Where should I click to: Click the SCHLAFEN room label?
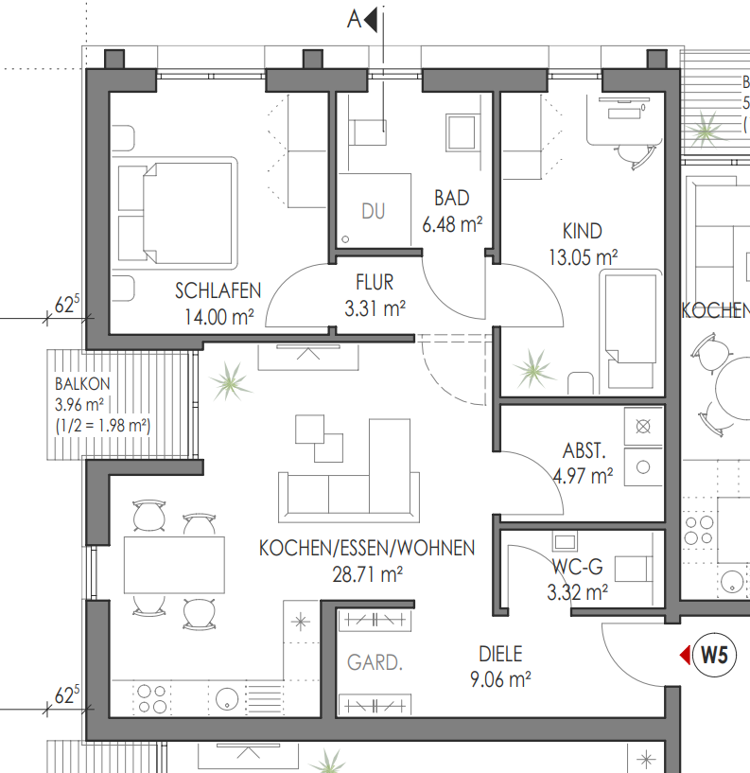pyautogui.click(x=218, y=290)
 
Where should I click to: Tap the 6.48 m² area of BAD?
pyautogui.click(x=452, y=225)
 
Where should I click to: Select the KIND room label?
pyautogui.click(x=583, y=231)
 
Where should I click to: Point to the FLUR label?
pyautogui.click(x=375, y=283)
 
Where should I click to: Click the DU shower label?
pyautogui.click(x=373, y=212)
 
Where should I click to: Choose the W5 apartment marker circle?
pyautogui.click(x=714, y=655)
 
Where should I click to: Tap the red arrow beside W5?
pyautogui.click(x=685, y=655)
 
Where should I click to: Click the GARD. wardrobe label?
pyautogui.click(x=375, y=662)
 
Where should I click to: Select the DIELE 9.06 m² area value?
pyautogui.click(x=500, y=680)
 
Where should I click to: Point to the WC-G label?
pyautogui.click(x=578, y=567)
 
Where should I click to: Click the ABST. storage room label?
pyautogui.click(x=584, y=450)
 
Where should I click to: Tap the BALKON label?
pyautogui.click(x=82, y=383)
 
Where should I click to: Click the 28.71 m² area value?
pyautogui.click(x=368, y=575)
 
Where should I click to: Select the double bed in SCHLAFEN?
pyautogui.click(x=175, y=213)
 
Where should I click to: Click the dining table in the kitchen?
pyautogui.click(x=174, y=565)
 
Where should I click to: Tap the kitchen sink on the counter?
pyautogui.click(x=227, y=698)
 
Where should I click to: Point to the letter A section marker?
pyautogui.click(x=355, y=20)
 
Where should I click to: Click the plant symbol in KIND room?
pyautogui.click(x=532, y=368)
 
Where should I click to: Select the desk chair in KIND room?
pyautogui.click(x=636, y=154)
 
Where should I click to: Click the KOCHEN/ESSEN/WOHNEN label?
pyautogui.click(x=367, y=548)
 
